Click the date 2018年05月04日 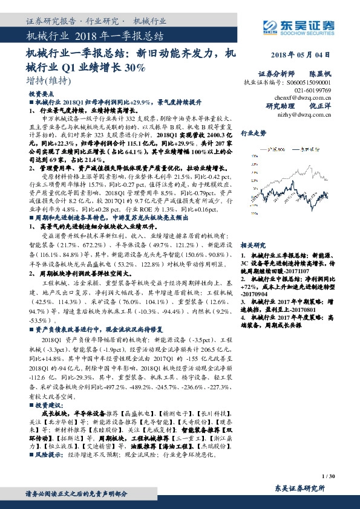pyautogui.click(x=299, y=54)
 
